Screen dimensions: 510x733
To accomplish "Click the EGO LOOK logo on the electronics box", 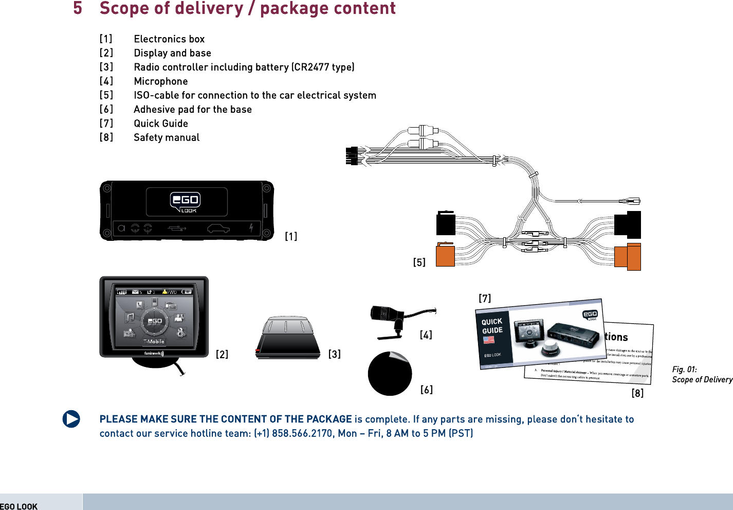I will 186,202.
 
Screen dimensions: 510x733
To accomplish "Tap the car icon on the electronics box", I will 218,228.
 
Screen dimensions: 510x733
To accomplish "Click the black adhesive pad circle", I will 390,374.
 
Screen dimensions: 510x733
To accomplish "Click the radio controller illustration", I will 288,338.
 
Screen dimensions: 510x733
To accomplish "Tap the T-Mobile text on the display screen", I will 154,341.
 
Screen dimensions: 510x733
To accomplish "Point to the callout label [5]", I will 419,262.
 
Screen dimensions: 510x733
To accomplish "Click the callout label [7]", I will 485,298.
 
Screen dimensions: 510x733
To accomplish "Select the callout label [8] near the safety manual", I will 637,393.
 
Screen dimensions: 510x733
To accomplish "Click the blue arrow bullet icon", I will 71,419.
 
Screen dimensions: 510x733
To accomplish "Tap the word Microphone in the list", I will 161,81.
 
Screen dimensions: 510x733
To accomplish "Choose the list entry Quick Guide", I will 161,124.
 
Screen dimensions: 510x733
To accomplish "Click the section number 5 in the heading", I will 78,8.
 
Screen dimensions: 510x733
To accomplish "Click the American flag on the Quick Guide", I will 488,340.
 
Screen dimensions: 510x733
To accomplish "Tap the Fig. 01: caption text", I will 684,370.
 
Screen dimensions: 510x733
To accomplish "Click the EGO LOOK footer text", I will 19,506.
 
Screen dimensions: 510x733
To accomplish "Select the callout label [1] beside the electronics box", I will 291,236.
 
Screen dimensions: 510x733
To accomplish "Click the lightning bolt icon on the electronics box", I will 251,227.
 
